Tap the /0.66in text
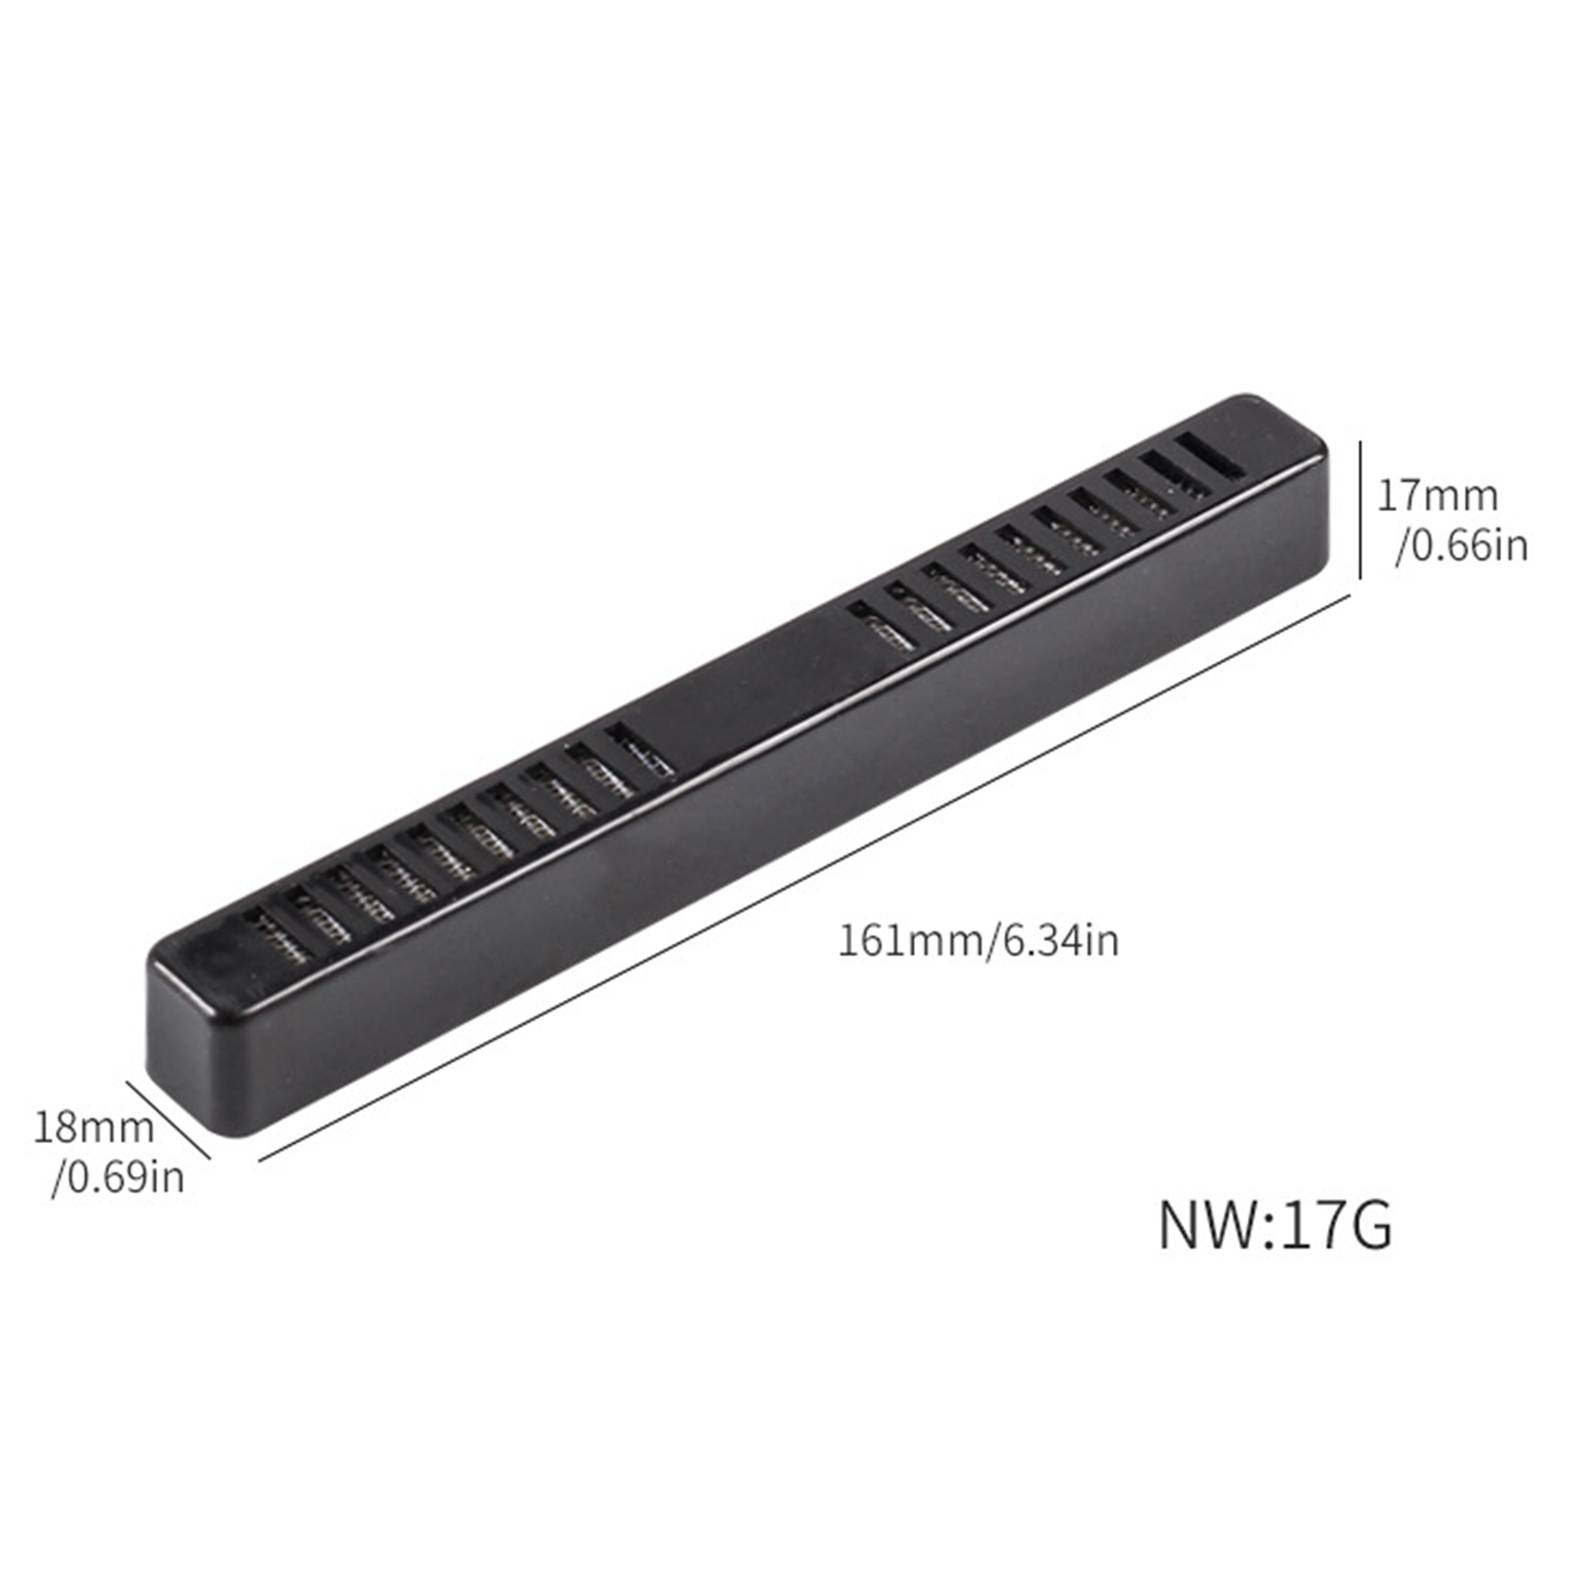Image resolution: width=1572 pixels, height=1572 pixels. (x=1462, y=545)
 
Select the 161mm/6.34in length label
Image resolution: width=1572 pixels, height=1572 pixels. (x=978, y=941)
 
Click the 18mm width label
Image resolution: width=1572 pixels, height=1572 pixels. (x=94, y=1126)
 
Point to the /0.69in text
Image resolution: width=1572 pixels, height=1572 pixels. (x=118, y=1175)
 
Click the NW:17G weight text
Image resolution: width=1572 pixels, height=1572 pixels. (x=1275, y=1225)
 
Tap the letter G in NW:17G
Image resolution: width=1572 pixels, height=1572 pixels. (x=1369, y=1225)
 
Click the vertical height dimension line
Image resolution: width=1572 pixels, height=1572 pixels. (x=1360, y=510)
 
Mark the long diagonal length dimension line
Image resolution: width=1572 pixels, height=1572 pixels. (x=806, y=880)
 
